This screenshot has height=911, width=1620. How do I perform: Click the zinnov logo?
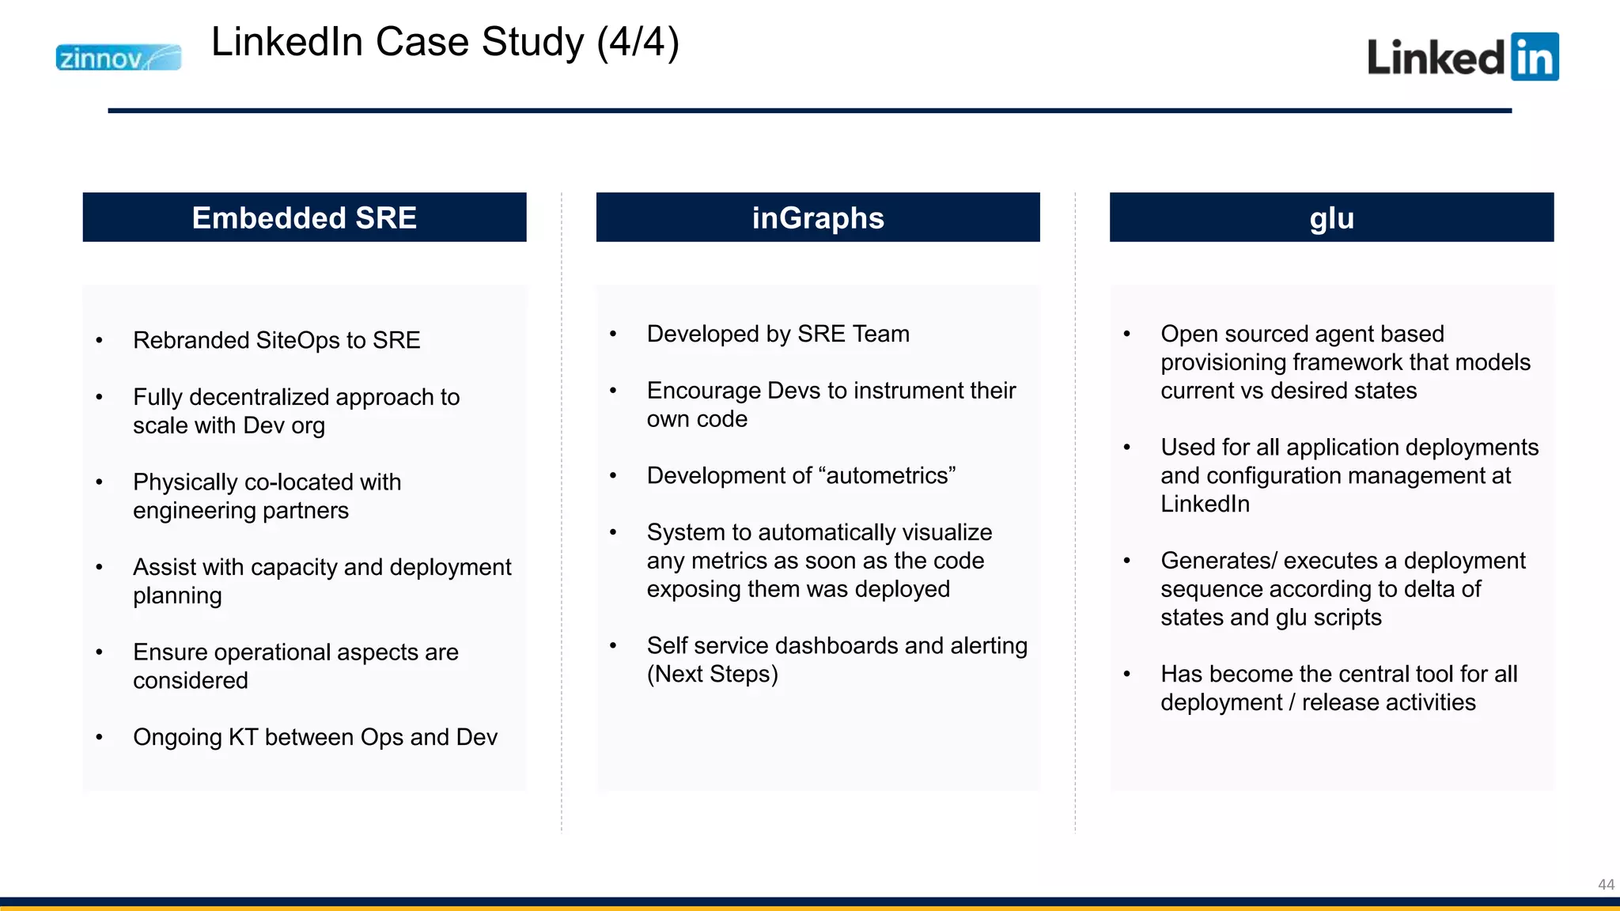118,58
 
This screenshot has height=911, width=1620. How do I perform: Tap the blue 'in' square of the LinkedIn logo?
1534,57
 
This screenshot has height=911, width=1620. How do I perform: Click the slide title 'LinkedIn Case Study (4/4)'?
445,42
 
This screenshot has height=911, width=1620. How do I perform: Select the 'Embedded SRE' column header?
305,217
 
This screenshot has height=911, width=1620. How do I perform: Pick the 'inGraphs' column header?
818,217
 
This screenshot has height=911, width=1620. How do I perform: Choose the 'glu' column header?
1331,217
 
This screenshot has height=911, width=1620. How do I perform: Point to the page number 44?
1606,884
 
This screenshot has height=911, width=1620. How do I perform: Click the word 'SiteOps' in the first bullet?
297,340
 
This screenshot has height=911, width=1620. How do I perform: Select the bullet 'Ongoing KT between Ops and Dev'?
315,737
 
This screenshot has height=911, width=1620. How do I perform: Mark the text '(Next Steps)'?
712,675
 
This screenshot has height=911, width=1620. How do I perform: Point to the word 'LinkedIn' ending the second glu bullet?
1205,504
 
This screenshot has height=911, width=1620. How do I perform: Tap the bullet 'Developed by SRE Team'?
778,334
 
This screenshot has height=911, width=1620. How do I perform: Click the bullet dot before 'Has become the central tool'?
1126,675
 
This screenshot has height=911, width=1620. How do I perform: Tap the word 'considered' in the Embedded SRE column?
190,681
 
